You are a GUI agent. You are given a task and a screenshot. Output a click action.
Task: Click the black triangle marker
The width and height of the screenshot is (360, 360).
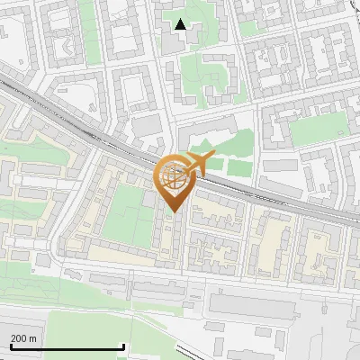point(181,25)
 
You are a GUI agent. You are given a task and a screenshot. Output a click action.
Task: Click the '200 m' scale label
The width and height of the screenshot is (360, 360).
point(23,338)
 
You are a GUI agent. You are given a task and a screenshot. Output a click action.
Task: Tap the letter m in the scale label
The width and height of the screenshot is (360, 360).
point(33,338)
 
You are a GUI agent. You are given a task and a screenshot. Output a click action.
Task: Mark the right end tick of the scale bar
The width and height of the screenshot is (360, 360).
point(123,346)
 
